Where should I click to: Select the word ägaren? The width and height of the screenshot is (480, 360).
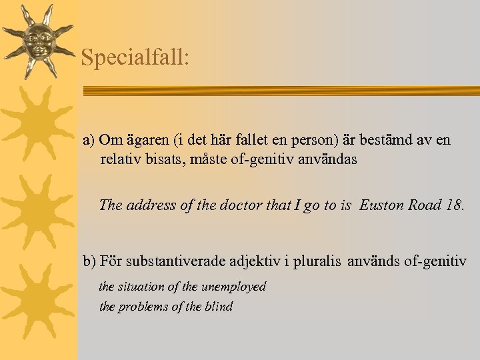tap(146, 140)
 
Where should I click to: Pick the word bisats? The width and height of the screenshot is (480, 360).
tap(166, 159)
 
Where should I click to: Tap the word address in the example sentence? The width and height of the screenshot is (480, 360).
tap(151, 205)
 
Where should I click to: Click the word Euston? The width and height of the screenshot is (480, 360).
tap(381, 205)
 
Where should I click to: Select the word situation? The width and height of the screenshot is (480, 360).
tap(141, 287)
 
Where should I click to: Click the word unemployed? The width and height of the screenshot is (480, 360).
tap(233, 287)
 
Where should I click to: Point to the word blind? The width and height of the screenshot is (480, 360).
tap(217, 307)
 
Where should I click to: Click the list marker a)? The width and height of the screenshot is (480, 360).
tap(89, 140)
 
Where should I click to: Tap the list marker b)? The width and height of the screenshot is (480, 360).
tap(89, 261)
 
